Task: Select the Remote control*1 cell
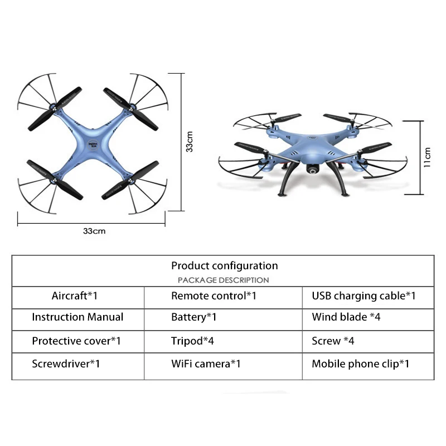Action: [x=214, y=296]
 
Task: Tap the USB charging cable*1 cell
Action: [x=363, y=296]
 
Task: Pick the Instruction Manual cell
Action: [x=77, y=317]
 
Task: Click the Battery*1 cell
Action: [x=193, y=317]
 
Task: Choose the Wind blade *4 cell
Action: [x=346, y=317]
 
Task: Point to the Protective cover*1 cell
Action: [x=76, y=341]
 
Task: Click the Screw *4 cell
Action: [x=333, y=341]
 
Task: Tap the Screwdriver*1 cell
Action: [x=66, y=364]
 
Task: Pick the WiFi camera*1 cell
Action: [x=206, y=364]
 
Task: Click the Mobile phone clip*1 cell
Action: [x=360, y=364]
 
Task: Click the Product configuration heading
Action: [x=224, y=266]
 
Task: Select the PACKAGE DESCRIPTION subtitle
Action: [x=224, y=280]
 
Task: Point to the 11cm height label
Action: [x=427, y=157]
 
